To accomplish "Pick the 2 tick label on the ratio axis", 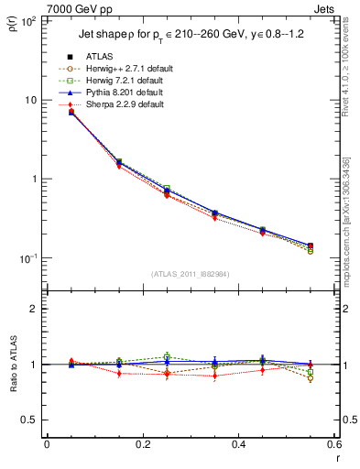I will coord(34,309).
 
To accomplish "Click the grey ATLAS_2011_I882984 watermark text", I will coord(190,274).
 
